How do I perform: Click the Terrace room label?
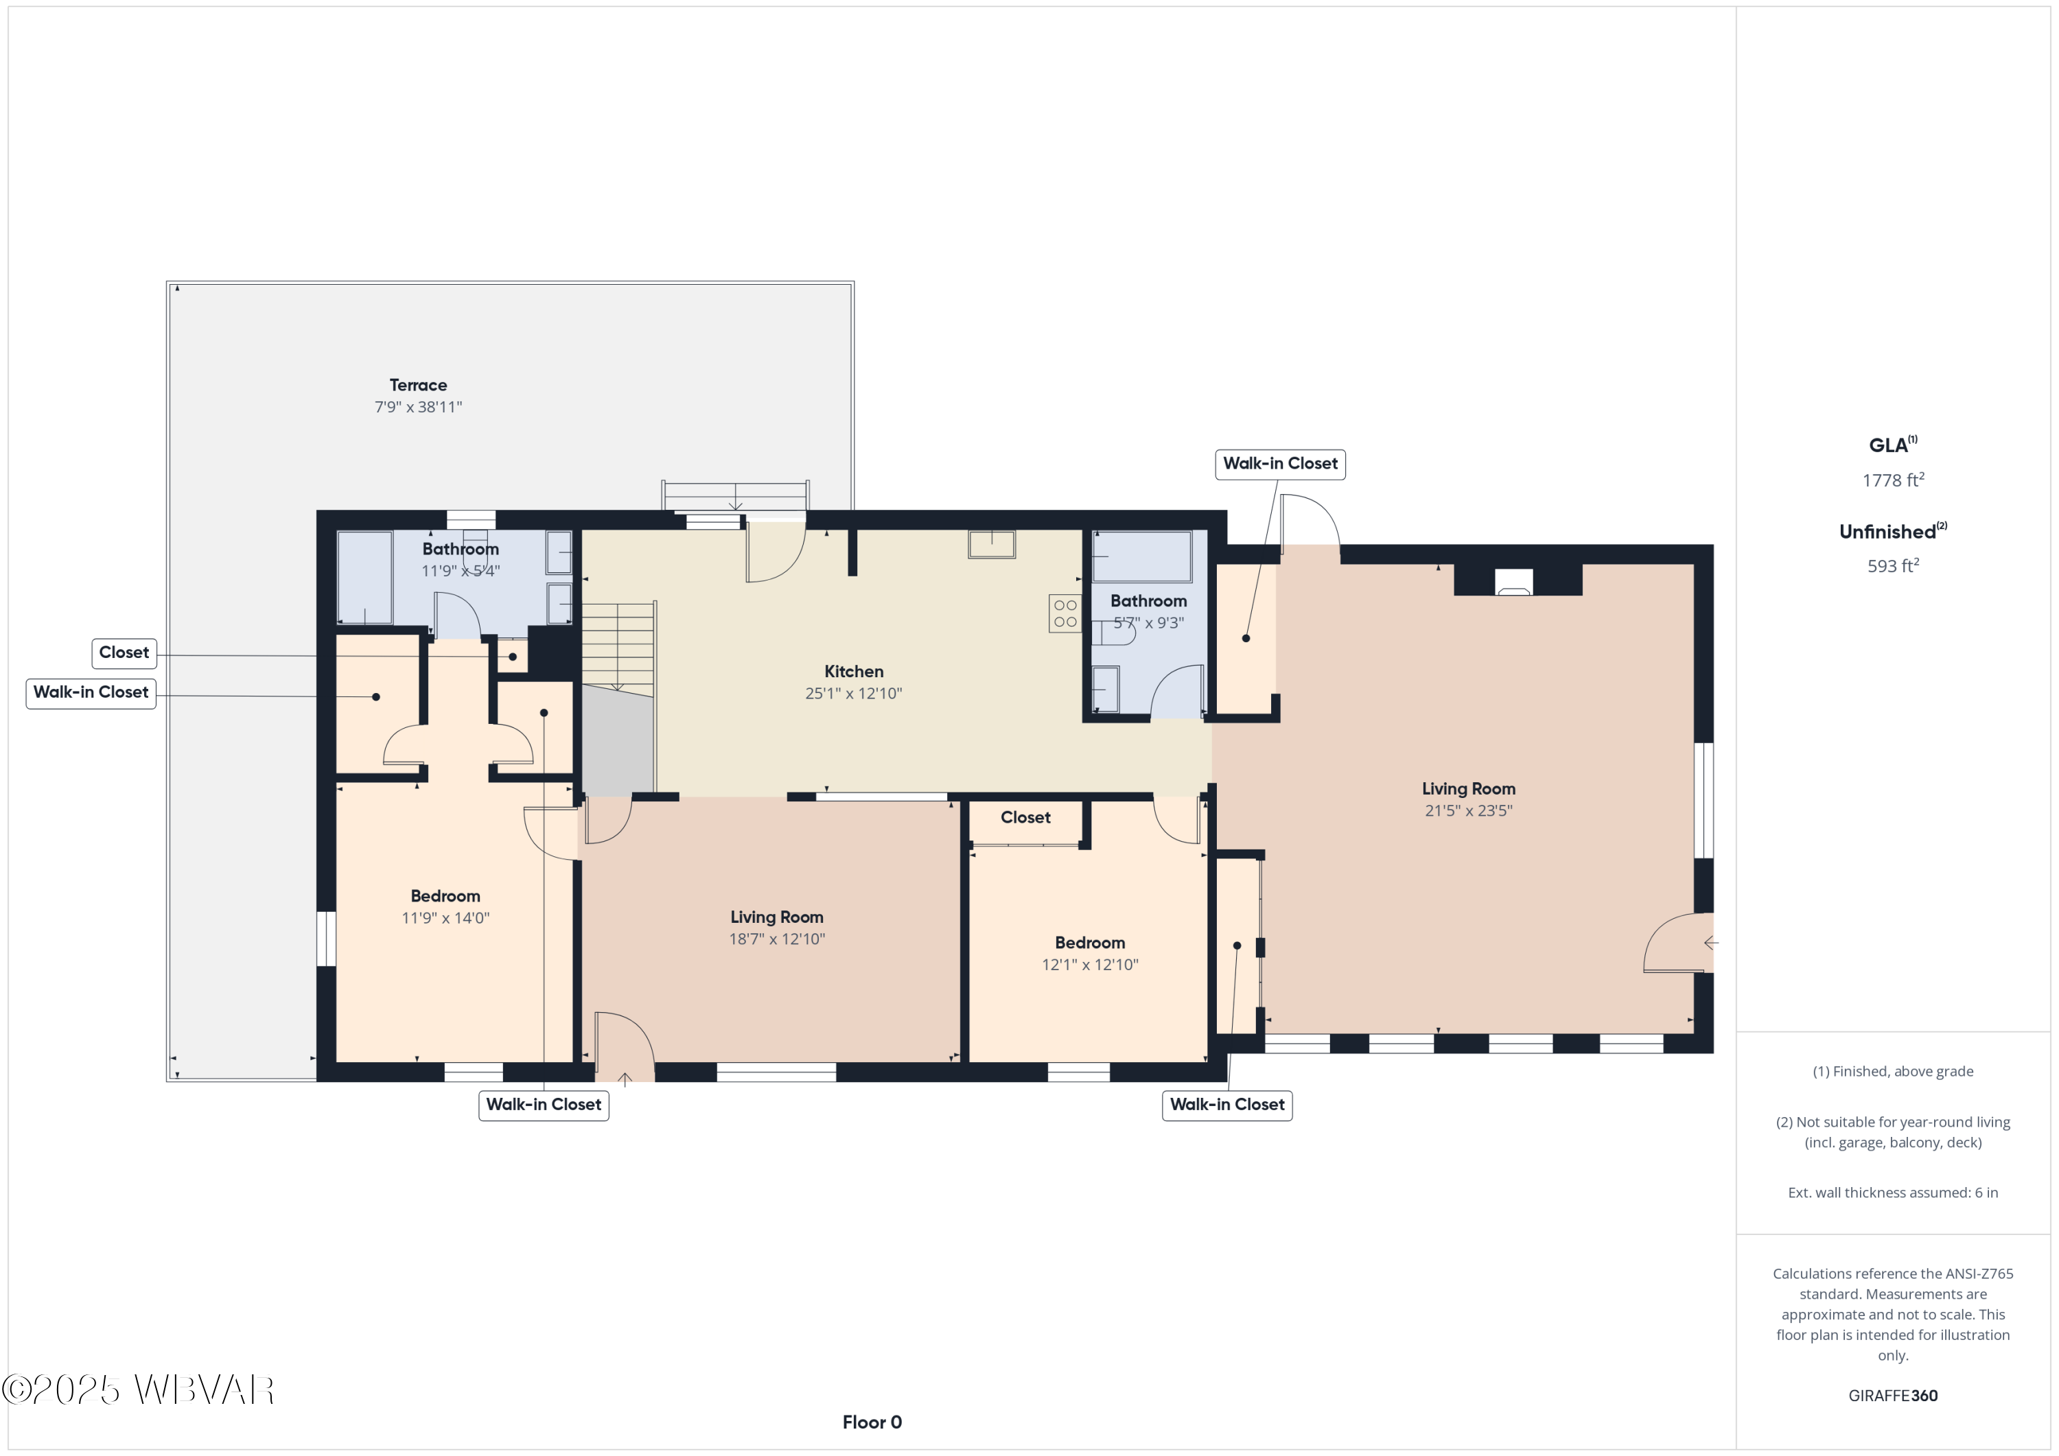tap(418, 386)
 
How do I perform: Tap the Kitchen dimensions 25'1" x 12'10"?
tap(854, 694)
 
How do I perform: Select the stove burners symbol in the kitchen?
tap(1065, 614)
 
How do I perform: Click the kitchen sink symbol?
tap(992, 544)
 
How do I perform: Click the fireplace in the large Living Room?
tap(1514, 583)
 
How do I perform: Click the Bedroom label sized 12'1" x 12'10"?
tap(1090, 954)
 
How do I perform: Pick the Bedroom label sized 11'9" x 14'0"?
tap(445, 907)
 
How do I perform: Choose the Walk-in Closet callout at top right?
tap(1281, 465)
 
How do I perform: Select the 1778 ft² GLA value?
tap(1893, 480)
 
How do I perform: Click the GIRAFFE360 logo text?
tap(1893, 1396)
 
